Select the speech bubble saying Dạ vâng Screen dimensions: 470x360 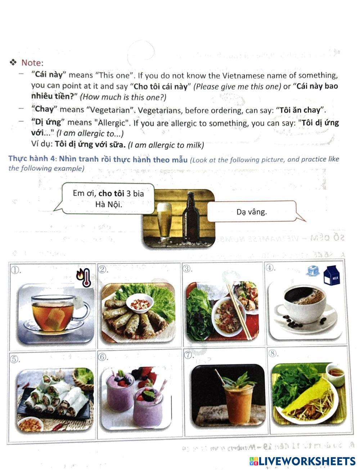click(x=252, y=212)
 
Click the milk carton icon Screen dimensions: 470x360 click(x=332, y=276)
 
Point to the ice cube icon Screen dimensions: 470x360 click(x=312, y=271)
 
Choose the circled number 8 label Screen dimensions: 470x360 click(x=273, y=353)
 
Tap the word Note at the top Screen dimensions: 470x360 click(x=32, y=63)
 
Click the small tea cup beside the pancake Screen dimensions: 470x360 click(x=335, y=373)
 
